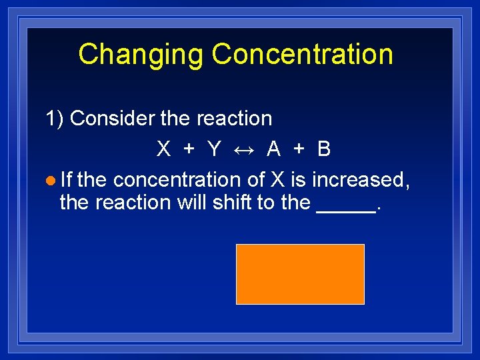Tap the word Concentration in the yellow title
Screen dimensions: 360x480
coord(302,55)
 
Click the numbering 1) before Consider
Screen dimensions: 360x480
coord(55,119)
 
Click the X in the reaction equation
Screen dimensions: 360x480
coord(163,149)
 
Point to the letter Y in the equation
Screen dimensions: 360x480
coord(214,149)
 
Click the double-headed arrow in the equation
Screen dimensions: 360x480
coord(244,149)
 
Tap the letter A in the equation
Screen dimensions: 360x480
coord(273,149)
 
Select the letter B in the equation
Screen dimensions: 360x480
coord(324,149)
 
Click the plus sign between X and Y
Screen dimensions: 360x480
coord(189,149)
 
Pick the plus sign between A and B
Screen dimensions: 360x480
coord(299,149)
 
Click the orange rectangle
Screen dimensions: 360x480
coord(300,274)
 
